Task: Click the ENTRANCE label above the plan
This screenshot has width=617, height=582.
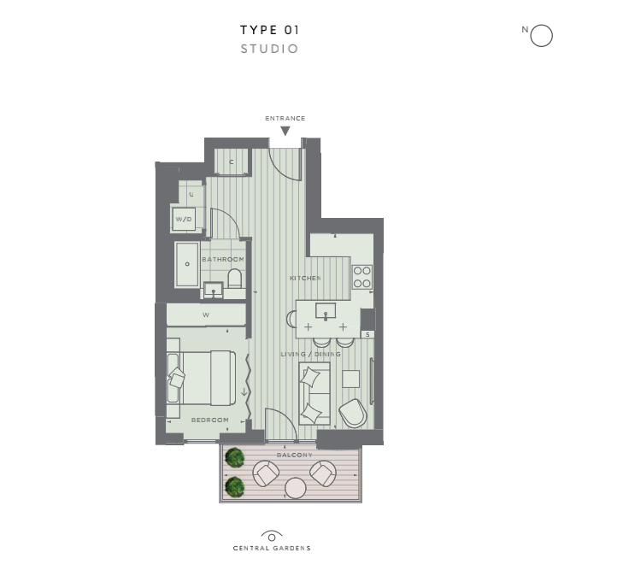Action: (285, 118)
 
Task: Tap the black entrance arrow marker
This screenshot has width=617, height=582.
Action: (285, 131)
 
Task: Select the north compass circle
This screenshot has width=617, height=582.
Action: (542, 36)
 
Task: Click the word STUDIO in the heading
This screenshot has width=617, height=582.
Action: (269, 49)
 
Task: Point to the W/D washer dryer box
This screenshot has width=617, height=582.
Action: (184, 219)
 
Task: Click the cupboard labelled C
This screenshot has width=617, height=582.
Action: (232, 162)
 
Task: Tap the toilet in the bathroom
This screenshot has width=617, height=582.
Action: (235, 278)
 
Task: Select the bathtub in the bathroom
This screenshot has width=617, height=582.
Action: (187, 264)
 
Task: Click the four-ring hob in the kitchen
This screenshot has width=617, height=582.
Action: (362, 277)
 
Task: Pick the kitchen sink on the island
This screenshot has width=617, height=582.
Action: (326, 310)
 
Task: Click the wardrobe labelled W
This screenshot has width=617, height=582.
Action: (206, 315)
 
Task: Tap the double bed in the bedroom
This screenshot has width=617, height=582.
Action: (202, 378)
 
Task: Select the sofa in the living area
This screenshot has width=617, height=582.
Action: (314, 393)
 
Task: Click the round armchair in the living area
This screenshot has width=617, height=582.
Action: (353, 413)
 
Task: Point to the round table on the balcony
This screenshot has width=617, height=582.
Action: (296, 488)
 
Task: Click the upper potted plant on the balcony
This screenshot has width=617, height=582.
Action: (235, 457)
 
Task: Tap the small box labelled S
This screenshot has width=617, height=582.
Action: (367, 334)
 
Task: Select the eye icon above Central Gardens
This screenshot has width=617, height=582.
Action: (272, 537)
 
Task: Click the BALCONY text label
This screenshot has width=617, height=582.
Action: (295, 455)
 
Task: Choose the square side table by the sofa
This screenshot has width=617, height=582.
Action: (350, 379)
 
